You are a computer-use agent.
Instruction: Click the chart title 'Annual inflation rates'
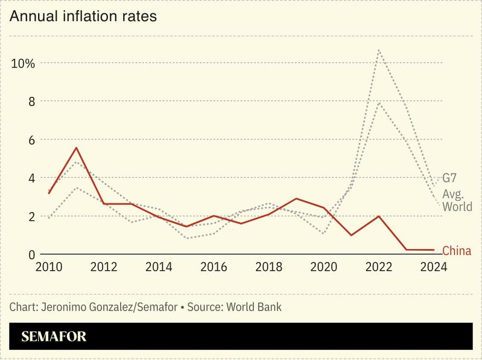pyautogui.click(x=83, y=16)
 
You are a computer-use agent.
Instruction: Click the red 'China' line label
pyautogui.click(x=457, y=250)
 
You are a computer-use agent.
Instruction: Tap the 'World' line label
pyautogui.click(x=457, y=207)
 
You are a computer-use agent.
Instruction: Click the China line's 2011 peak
pyautogui.click(x=77, y=148)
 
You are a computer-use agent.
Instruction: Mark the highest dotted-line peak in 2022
pyautogui.click(x=378, y=50)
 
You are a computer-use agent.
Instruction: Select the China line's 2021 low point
pyautogui.click(x=351, y=235)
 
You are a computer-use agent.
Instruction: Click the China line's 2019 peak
pyautogui.click(x=296, y=198)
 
